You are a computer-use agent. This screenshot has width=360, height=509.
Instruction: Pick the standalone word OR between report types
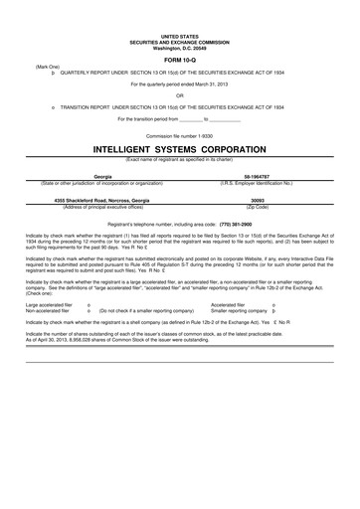click(179, 96)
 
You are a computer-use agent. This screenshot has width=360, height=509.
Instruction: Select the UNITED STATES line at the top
click(179, 33)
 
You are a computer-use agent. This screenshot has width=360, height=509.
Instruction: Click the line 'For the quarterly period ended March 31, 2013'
click(179, 85)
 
